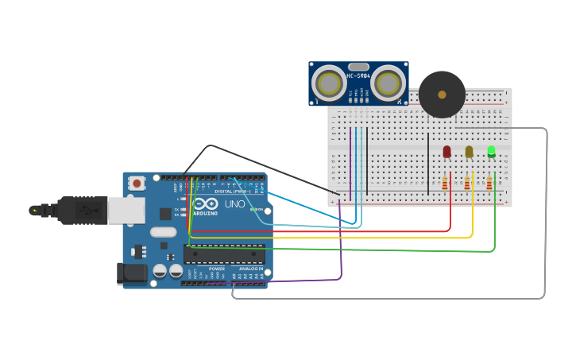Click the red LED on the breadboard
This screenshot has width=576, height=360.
(x=446, y=151)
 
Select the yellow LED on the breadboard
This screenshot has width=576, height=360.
(x=469, y=151)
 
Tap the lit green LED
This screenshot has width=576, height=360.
(x=491, y=150)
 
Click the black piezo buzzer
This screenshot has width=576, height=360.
(x=442, y=95)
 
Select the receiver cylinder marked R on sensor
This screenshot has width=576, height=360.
(x=389, y=82)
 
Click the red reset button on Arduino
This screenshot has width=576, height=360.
(x=137, y=184)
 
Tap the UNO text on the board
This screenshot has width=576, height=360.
(x=235, y=204)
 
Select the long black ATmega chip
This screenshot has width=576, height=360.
(x=224, y=254)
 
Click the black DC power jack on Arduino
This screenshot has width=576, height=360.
(x=130, y=273)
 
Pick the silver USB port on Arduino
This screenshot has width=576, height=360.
(x=126, y=210)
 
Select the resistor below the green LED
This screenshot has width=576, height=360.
(x=489, y=185)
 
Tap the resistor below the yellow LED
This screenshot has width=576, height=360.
(x=467, y=185)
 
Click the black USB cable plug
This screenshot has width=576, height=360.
(x=79, y=210)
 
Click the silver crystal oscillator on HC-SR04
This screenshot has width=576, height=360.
(x=358, y=67)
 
